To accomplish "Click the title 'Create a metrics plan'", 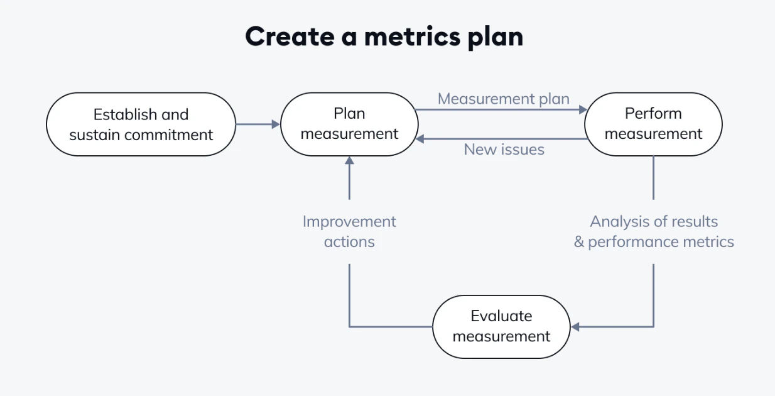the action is (384, 36).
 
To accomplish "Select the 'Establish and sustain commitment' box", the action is (141, 124).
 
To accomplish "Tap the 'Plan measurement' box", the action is (349, 124).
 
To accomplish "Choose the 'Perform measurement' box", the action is (653, 124).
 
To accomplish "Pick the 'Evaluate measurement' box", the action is (501, 327).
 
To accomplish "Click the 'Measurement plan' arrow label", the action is (504, 99).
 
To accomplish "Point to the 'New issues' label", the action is (504, 150).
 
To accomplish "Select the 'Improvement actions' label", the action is (349, 231).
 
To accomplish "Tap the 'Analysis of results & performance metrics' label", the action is (654, 231).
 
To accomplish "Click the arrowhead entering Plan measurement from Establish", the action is (276, 124).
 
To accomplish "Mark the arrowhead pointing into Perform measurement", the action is (583, 110).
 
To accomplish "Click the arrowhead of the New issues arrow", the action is (420, 139).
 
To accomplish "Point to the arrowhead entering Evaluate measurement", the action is (575, 327).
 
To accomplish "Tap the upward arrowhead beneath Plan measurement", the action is (349, 160).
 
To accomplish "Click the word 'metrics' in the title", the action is (412, 36).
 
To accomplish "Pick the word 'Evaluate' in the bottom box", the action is (501, 316).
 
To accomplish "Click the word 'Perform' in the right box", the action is (653, 114).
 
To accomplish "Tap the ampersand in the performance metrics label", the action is (579, 242).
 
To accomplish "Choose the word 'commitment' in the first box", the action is (168, 135).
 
